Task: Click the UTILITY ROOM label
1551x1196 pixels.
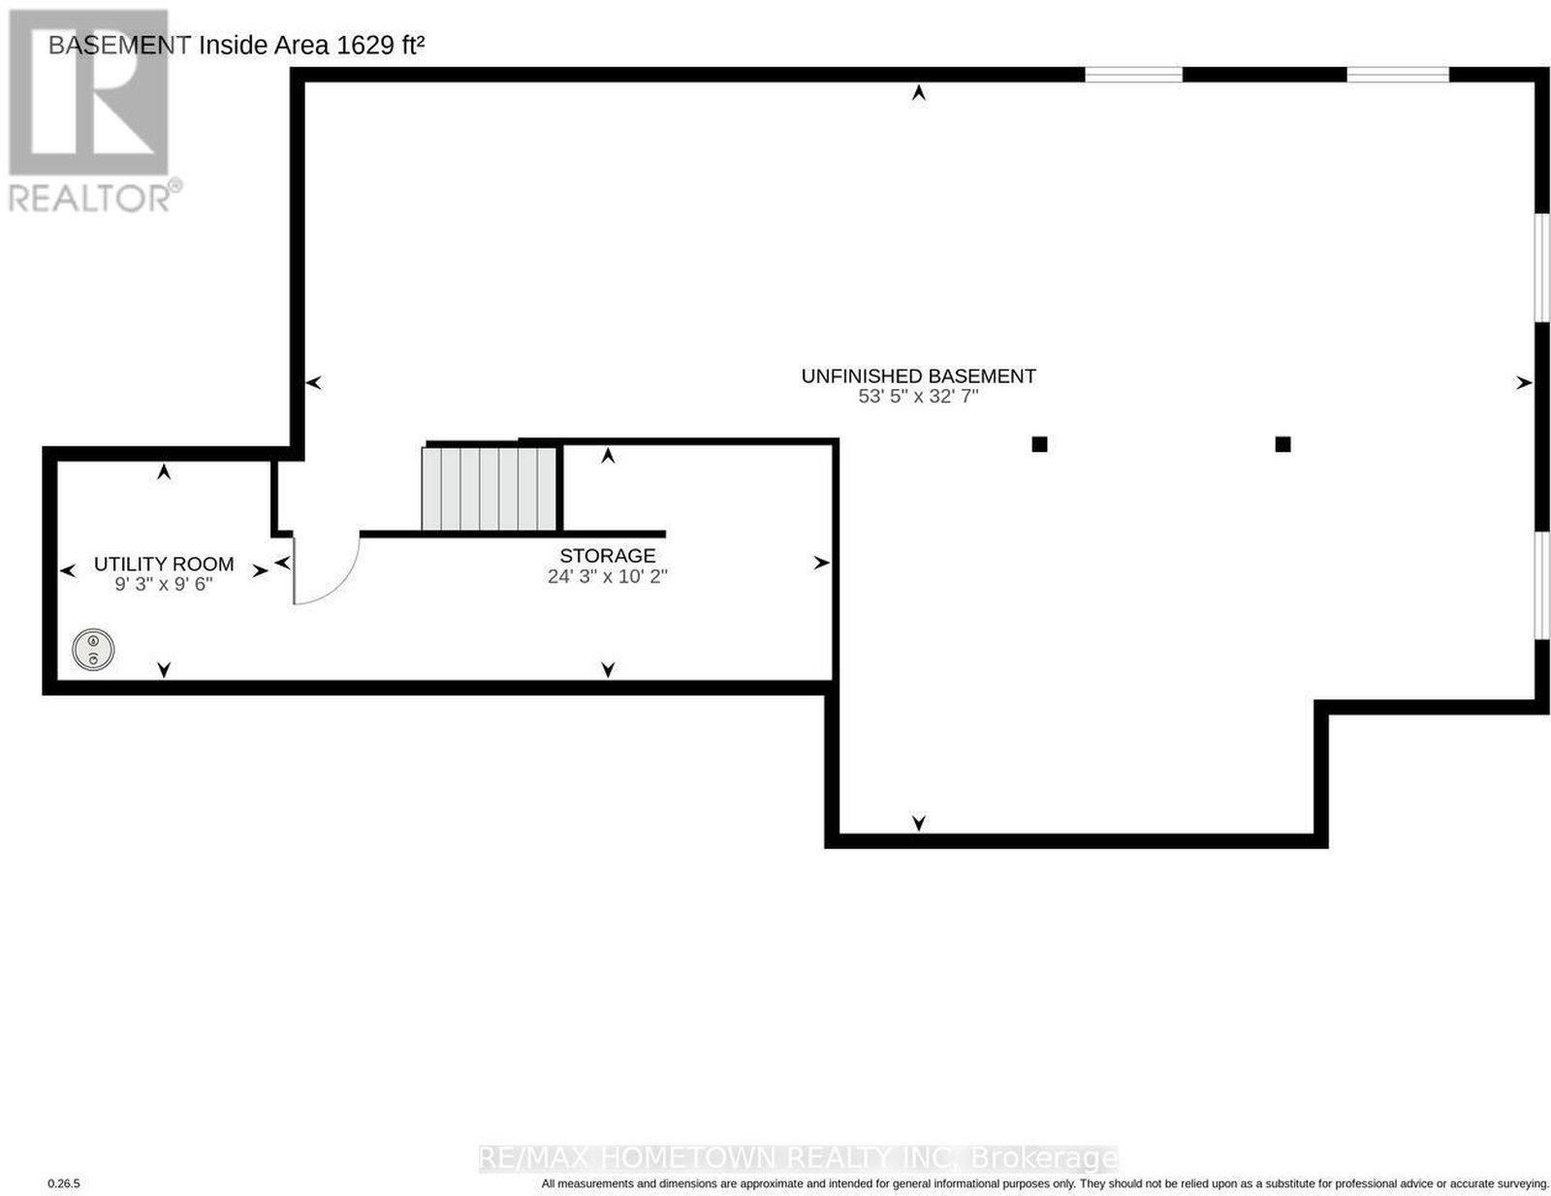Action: [164, 565]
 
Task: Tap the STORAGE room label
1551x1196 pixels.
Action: [608, 556]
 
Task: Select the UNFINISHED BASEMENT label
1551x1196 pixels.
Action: [919, 376]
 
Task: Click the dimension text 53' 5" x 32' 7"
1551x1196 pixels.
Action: [918, 397]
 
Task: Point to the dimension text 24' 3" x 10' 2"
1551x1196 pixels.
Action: [608, 576]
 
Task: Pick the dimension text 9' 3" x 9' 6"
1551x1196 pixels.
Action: [164, 584]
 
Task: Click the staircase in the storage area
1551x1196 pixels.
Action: [489, 489]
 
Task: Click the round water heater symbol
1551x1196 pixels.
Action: [93, 650]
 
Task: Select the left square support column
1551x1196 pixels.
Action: [1039, 444]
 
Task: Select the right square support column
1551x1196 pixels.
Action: [1282, 444]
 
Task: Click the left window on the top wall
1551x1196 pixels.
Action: [1133, 75]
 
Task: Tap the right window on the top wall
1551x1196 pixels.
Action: [1398, 75]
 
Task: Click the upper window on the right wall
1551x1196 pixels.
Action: [1542, 268]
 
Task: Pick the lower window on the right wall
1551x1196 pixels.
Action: [1542, 585]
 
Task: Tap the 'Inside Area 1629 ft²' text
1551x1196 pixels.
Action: [311, 45]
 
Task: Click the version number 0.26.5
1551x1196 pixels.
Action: [64, 1183]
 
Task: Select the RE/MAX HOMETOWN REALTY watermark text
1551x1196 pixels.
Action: [797, 1157]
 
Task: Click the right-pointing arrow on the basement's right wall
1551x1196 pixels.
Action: [1524, 383]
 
